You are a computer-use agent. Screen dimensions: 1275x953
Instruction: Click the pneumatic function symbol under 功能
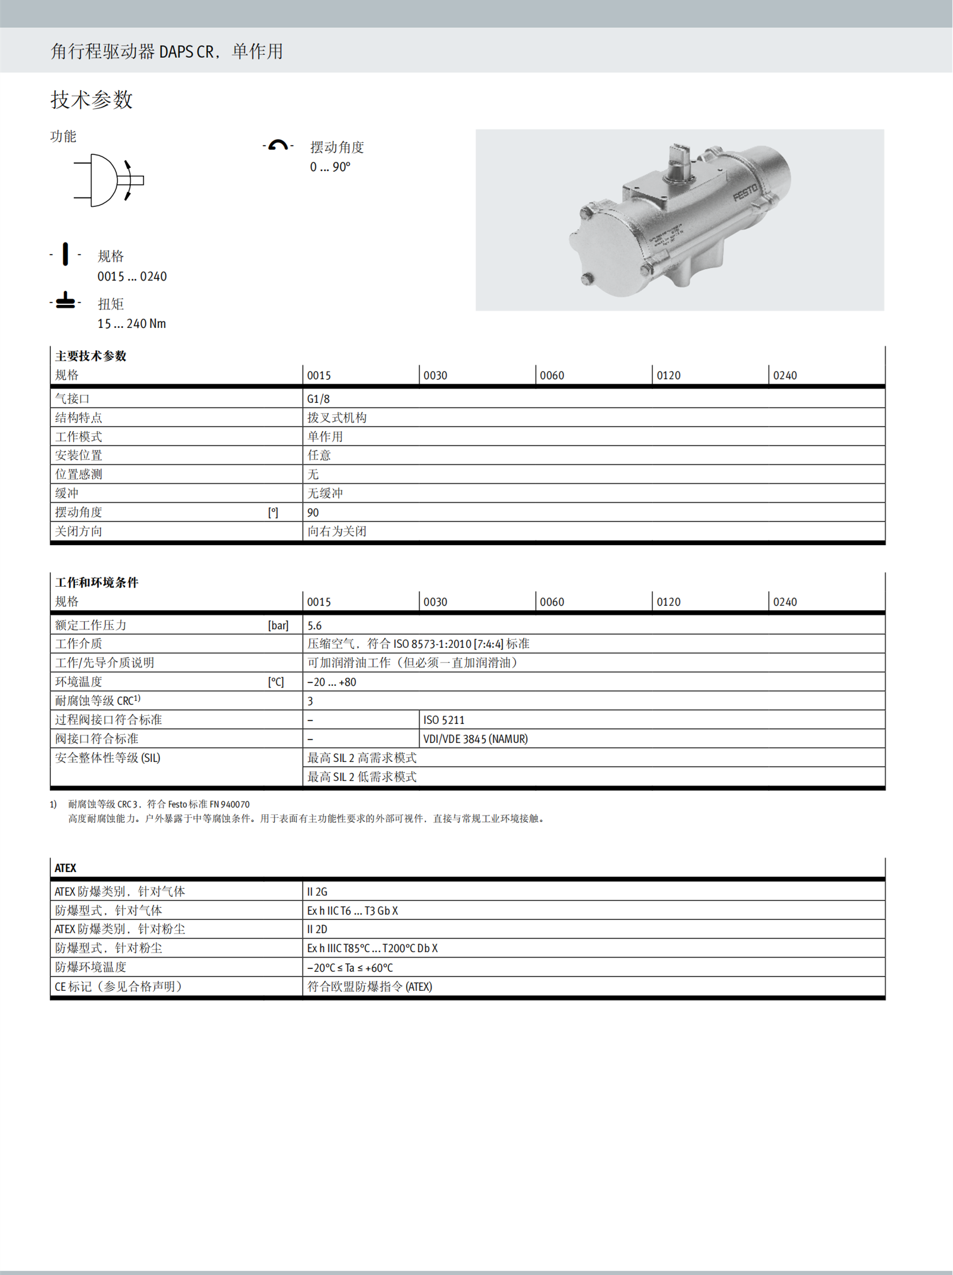109,180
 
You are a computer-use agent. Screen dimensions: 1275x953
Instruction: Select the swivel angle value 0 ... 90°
330,167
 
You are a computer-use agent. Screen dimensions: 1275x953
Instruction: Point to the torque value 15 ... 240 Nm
131,324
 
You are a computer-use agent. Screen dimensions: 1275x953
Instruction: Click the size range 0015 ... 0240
132,277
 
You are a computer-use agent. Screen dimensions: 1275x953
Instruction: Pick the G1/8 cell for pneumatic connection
319,399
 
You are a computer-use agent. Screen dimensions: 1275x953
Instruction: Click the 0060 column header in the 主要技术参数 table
552,376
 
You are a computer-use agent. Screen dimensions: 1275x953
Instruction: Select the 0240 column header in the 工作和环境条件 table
785,602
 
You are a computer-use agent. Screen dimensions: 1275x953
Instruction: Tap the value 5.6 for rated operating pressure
315,626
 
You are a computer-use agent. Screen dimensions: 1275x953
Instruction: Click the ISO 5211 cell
444,721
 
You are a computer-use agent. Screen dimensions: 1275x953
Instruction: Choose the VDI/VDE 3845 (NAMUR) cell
475,740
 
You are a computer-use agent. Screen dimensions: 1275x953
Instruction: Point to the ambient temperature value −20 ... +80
332,682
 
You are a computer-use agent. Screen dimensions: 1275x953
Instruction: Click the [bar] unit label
278,626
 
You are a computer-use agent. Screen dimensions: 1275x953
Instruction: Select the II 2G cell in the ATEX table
317,892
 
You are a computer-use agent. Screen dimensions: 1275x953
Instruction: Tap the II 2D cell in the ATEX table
317,930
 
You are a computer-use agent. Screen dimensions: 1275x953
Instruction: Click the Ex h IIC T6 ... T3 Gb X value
353,911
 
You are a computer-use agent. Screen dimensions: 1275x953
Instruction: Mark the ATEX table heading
66,869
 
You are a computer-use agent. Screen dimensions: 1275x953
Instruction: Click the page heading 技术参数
92,100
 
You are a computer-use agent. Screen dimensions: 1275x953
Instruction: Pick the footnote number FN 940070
229,805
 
